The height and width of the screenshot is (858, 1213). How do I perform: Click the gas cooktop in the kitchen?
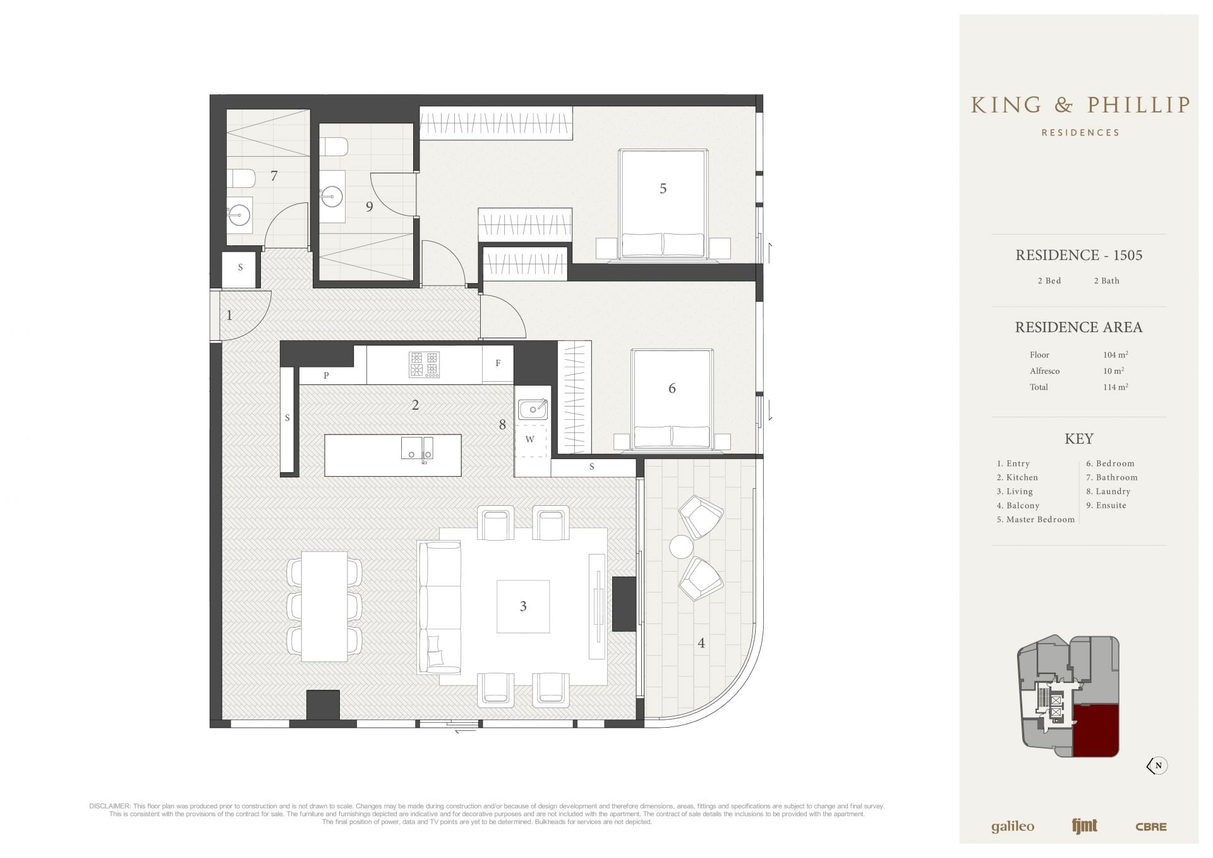coord(425,365)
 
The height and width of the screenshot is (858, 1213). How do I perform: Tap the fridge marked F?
coord(498,364)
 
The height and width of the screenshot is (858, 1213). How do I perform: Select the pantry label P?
coord(326,376)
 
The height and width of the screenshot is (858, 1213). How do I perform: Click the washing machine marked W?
coord(529,439)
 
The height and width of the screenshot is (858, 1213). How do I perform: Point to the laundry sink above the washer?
coord(533,409)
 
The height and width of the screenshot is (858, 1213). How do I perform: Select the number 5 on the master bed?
coord(663,188)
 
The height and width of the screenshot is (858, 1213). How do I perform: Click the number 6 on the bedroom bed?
coord(672,388)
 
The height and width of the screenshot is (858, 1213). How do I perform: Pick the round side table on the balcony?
coord(681,547)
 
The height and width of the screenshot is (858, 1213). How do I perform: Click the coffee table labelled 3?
coord(522,606)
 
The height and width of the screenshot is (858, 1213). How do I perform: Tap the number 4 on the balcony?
coord(701,643)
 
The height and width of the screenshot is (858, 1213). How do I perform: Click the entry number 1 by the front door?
coord(229,315)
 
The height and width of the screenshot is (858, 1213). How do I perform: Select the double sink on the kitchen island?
coord(417,448)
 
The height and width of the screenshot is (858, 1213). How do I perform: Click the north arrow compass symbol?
coord(1157,766)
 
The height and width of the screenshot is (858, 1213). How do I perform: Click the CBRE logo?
coord(1150,826)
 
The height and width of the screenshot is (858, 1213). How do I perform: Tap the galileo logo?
coord(1012,827)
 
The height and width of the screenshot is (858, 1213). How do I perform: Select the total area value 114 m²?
coord(1116,387)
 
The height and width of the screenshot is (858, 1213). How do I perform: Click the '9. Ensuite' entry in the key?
coord(1106,505)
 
